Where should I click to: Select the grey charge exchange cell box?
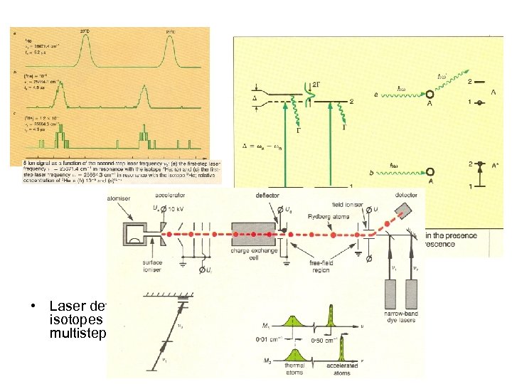point(255,235)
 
